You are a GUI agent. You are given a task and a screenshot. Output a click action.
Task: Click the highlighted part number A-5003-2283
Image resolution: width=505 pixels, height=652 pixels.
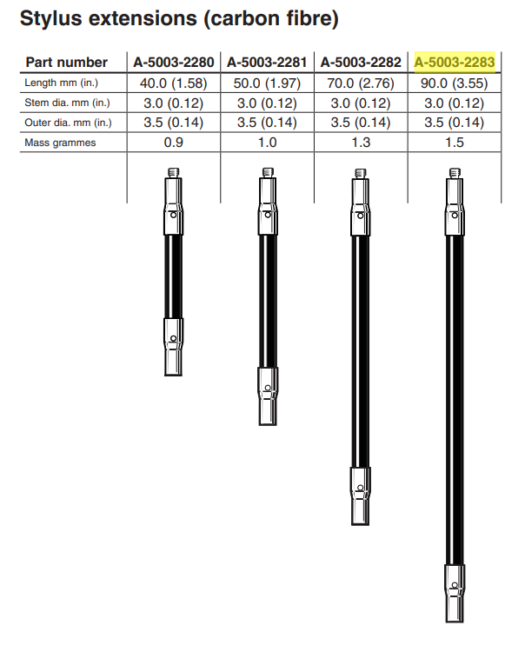pos(455,63)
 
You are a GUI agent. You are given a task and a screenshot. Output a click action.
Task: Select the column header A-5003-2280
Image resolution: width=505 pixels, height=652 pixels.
pos(173,63)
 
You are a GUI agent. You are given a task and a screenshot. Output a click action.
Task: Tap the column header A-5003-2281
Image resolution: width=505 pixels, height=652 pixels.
pos(267,63)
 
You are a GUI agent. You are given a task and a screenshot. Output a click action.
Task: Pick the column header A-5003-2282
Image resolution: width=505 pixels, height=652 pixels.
pos(361,63)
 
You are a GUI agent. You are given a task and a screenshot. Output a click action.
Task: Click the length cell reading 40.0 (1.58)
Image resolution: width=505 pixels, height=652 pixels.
pos(173,83)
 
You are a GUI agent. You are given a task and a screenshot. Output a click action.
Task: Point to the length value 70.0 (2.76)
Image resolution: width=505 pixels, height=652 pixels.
pos(361,83)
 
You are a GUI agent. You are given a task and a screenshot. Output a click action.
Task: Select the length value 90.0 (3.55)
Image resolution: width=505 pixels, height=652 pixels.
pos(454,83)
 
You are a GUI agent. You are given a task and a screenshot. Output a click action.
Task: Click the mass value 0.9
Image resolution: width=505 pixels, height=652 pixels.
pos(173,143)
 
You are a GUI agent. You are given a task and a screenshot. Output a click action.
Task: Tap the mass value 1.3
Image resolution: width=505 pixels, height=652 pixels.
pos(361,143)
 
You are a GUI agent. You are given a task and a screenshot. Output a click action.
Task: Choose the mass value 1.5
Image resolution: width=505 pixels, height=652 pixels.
pos(455,143)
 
